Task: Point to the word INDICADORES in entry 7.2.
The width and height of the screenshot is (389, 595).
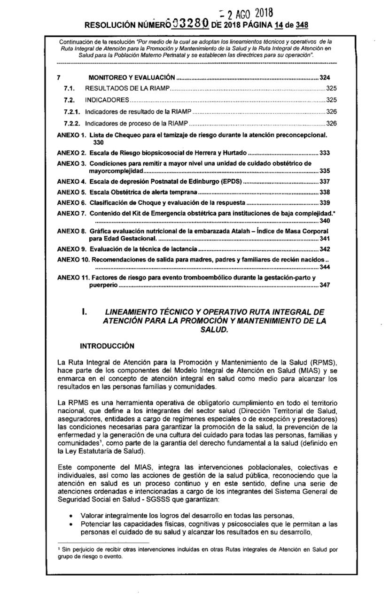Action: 107,100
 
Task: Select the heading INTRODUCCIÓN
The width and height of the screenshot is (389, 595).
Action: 107,346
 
